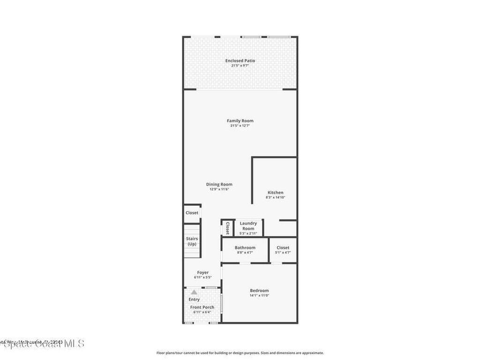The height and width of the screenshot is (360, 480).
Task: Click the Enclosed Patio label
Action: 240,60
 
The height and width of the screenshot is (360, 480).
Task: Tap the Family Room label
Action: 240,120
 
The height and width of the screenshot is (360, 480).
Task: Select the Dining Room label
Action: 219,184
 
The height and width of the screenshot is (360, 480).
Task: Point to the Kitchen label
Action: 275,193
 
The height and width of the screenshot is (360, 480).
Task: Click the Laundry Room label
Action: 248,226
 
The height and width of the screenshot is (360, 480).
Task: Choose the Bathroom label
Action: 245,247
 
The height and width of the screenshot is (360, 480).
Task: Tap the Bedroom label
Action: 259,291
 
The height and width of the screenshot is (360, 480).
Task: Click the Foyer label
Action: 202,272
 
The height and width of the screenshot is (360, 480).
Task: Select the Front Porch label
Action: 202,307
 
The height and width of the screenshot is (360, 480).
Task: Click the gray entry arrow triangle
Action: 194,292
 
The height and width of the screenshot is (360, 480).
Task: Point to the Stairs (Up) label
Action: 192,241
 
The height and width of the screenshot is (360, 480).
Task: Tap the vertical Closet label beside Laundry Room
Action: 227,228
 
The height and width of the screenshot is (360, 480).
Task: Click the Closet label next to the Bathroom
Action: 283,247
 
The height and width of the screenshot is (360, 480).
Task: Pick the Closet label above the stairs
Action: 192,213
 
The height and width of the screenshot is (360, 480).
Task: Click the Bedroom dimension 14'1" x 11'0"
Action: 259,296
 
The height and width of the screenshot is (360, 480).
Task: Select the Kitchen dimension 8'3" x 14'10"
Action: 275,198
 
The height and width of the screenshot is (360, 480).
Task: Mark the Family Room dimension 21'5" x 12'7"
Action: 240,126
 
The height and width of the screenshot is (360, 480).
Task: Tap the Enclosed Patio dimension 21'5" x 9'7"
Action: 240,66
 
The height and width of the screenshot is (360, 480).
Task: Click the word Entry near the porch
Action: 194,300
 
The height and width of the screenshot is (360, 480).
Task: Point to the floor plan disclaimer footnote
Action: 240,353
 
